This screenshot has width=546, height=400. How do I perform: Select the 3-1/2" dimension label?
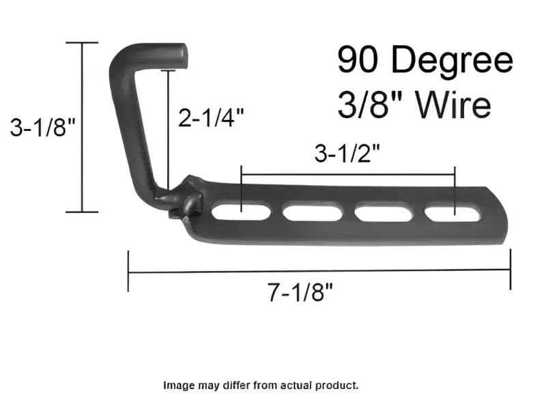point(347,155)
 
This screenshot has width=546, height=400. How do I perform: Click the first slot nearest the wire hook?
point(241,212)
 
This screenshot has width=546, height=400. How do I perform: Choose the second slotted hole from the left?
point(313,213)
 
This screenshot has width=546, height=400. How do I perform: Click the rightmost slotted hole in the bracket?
point(453,213)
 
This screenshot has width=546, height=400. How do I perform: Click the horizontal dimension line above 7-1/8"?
point(319,270)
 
